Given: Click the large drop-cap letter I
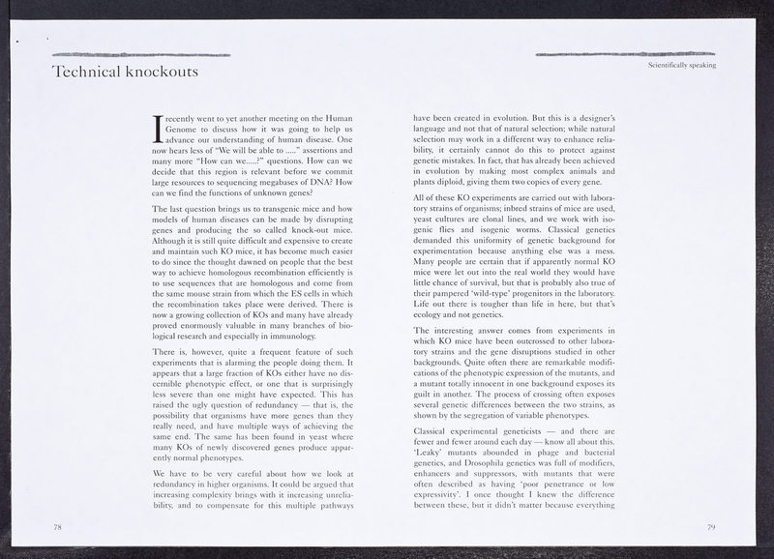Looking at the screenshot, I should pyautogui.click(x=160, y=127).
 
